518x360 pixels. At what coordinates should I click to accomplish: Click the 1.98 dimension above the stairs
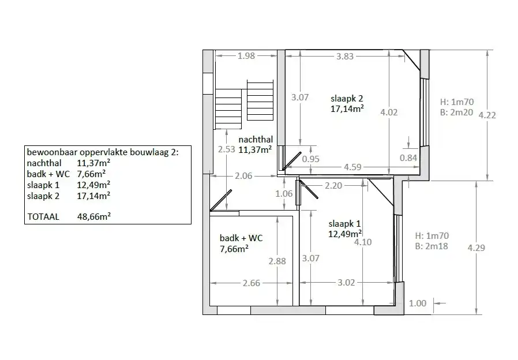(246, 56)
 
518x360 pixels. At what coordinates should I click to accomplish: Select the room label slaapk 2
(346, 97)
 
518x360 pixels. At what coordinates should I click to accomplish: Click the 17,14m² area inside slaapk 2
(347, 108)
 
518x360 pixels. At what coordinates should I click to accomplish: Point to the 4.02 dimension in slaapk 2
(389, 112)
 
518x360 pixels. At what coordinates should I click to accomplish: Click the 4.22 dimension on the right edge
(488, 114)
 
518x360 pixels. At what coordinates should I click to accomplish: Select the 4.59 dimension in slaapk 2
(352, 168)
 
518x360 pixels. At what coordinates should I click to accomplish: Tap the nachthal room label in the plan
(256, 140)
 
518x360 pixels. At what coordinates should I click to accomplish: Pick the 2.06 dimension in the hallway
(243, 176)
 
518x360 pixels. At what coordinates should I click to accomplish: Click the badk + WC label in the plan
(241, 238)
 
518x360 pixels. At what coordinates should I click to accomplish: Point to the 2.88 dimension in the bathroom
(277, 261)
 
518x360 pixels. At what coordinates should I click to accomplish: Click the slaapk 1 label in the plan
(344, 223)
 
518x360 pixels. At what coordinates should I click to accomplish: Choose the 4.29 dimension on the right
(476, 247)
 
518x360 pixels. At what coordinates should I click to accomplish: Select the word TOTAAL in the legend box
(43, 217)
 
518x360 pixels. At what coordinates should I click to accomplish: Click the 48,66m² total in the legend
(93, 217)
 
